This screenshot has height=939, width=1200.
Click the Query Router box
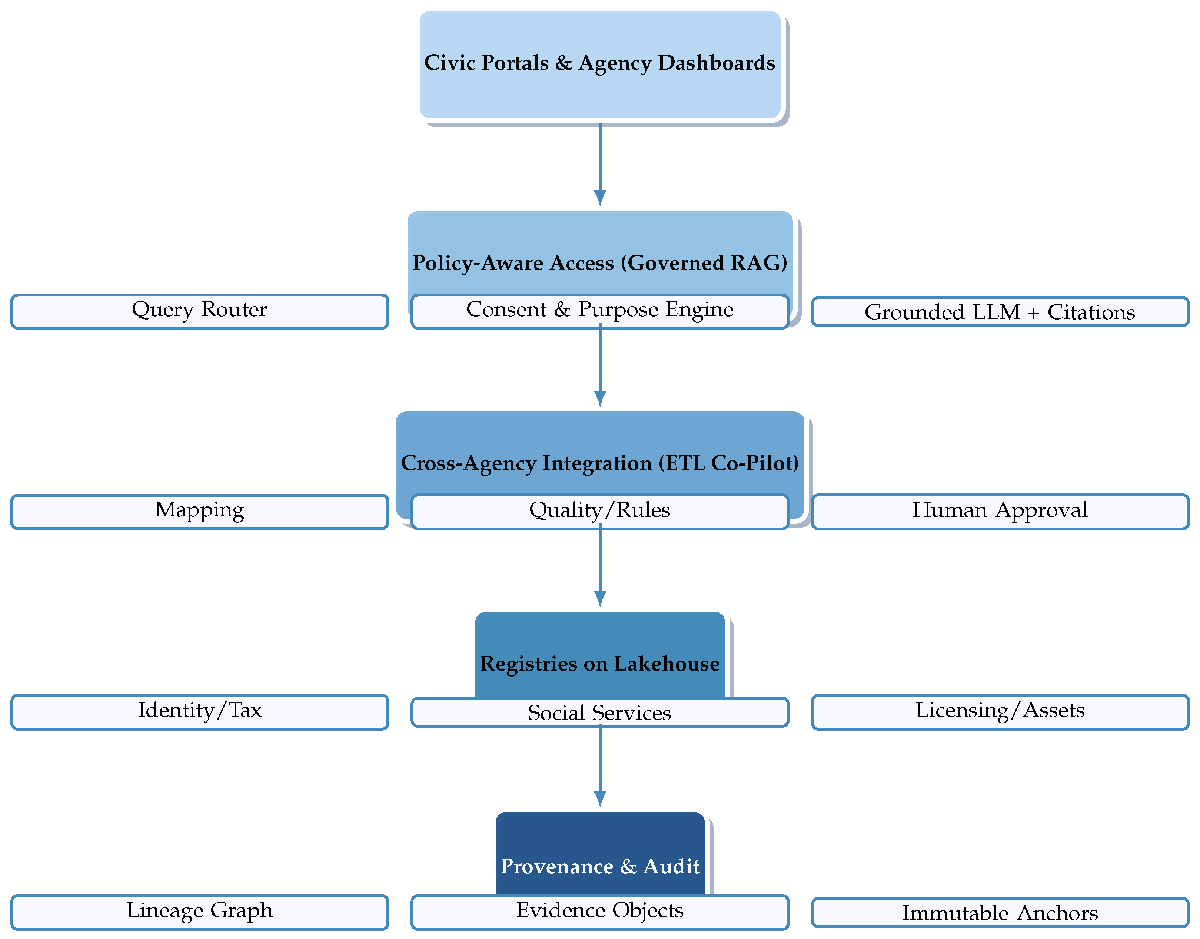coord(199,311)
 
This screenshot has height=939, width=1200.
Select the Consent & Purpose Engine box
coord(599,311)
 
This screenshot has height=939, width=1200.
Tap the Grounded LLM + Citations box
coord(1000,312)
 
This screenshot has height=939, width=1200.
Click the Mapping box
coord(199,511)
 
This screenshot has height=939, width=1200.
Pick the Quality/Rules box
coord(599,511)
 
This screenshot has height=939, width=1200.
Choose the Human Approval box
coord(1000,511)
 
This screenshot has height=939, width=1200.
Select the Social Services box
coord(599,712)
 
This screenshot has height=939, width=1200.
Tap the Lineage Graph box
coord(199,912)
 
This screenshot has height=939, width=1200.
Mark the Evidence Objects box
coord(599,912)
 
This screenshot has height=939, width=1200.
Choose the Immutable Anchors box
coord(1000,913)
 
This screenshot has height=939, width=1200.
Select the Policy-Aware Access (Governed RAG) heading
coord(599,263)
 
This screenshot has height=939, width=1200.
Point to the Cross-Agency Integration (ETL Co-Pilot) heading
coord(599,463)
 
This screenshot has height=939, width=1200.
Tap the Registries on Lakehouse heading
coord(599,664)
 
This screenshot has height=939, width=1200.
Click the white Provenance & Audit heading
coord(599,866)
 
